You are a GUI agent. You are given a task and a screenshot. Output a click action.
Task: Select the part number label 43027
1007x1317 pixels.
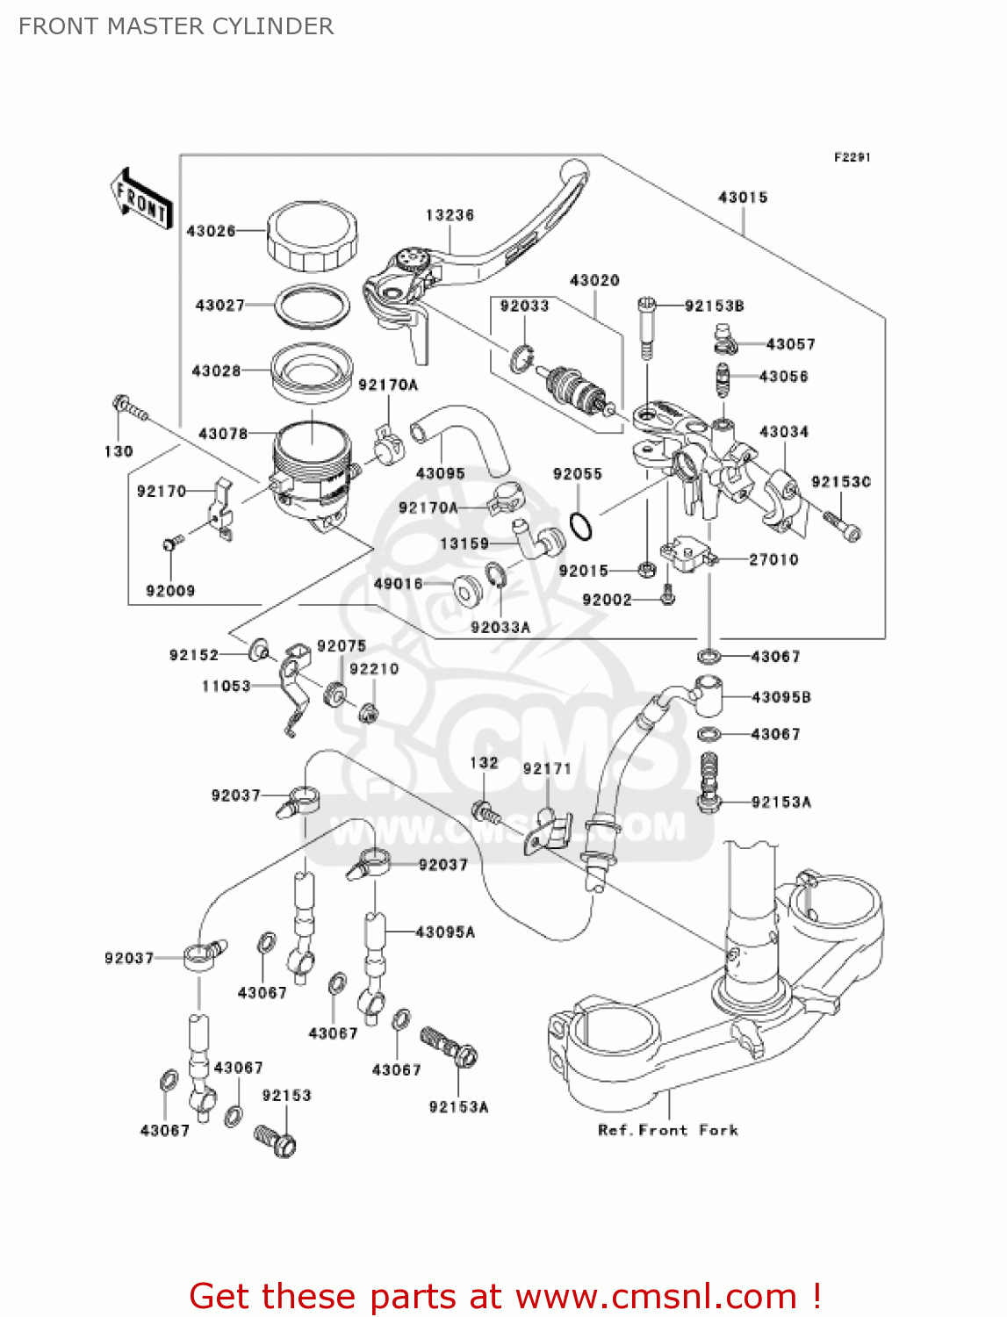click(219, 305)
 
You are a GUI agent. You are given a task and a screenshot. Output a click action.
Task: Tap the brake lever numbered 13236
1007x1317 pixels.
click(474, 255)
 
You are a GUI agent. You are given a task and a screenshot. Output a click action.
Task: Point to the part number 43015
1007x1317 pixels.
click(743, 198)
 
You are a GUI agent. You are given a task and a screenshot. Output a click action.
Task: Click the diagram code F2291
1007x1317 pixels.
click(852, 157)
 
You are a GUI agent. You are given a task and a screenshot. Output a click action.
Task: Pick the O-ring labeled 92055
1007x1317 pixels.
click(580, 527)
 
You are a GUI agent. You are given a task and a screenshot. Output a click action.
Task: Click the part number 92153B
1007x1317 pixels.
click(714, 306)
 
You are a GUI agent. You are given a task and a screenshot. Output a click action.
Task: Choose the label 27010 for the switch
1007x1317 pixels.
click(773, 559)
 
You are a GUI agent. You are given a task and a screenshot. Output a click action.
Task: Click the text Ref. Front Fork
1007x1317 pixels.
click(667, 1130)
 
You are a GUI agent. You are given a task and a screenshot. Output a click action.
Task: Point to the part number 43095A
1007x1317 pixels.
click(444, 932)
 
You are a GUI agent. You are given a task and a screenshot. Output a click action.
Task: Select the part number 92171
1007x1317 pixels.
click(547, 768)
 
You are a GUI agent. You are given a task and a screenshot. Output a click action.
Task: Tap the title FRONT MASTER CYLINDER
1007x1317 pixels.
click(176, 26)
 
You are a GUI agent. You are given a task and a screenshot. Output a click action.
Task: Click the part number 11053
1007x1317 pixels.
click(227, 686)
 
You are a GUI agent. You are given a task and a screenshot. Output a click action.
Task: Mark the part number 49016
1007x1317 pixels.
click(398, 584)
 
